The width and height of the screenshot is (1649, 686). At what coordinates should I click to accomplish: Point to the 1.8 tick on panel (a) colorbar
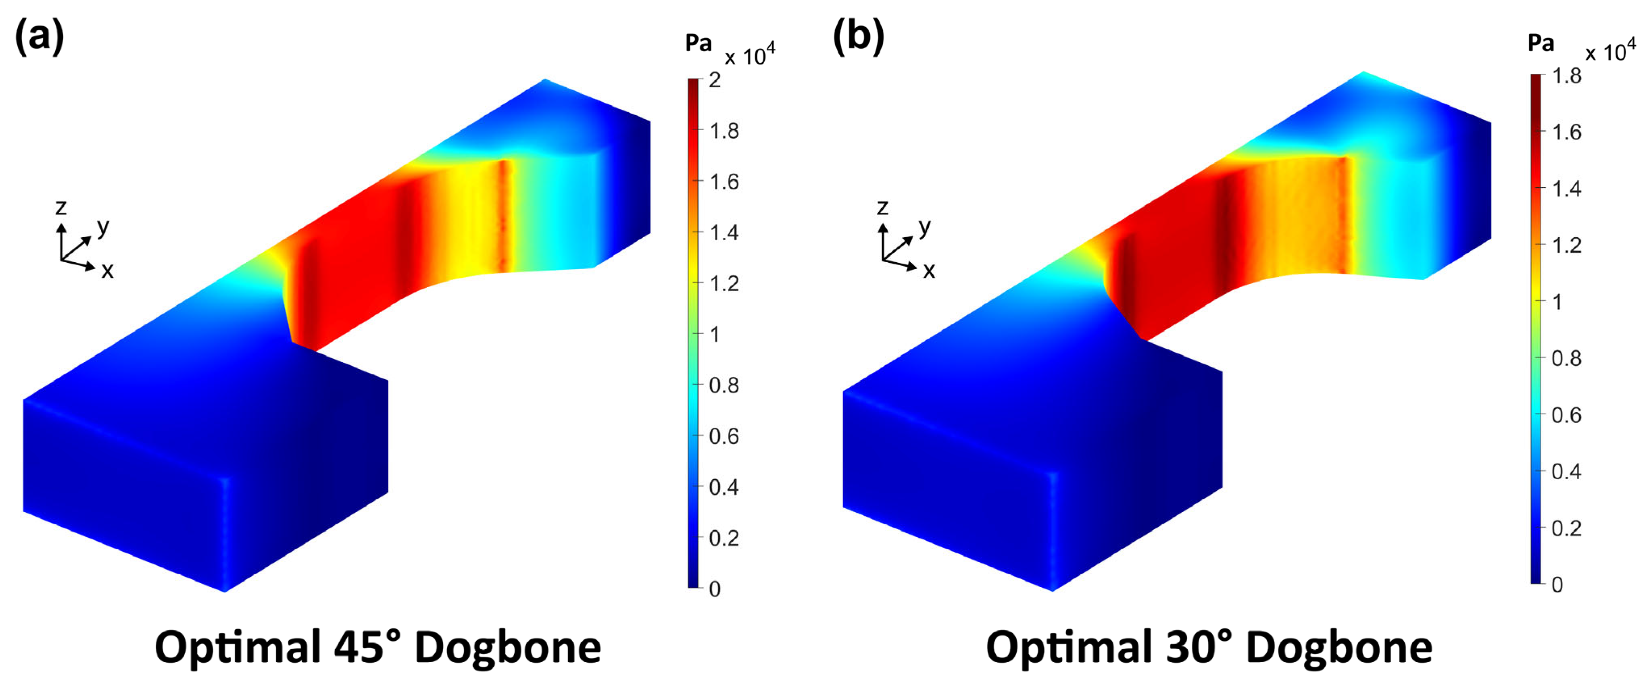(x=723, y=131)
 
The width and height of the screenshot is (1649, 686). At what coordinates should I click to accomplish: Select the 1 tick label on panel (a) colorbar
(x=714, y=334)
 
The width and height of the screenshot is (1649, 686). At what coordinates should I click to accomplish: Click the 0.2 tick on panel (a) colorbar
(x=723, y=538)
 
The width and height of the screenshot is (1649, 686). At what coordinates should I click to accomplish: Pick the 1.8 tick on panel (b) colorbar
(x=1566, y=76)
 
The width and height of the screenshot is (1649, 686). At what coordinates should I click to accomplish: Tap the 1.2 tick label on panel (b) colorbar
(x=1566, y=245)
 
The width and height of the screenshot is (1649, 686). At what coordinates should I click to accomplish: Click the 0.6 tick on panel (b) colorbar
(x=1566, y=415)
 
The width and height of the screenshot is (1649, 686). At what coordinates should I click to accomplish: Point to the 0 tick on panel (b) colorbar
(x=1557, y=584)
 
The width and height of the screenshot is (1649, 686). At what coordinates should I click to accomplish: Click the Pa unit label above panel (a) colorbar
(x=698, y=44)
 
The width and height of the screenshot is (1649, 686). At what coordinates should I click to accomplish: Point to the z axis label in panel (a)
(x=61, y=207)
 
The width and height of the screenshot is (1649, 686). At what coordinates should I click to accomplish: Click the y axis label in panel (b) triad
(x=924, y=227)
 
